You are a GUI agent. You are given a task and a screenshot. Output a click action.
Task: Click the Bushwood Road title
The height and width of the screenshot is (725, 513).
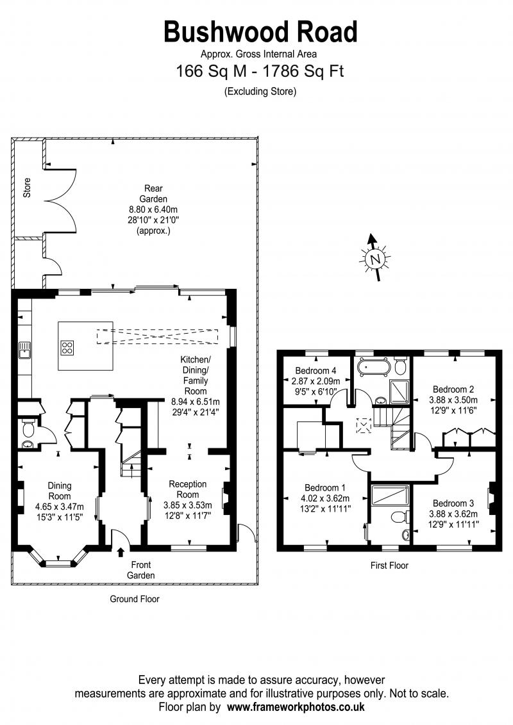click(x=260, y=33)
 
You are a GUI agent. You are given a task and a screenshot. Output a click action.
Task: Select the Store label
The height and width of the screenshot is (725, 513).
click(x=27, y=188)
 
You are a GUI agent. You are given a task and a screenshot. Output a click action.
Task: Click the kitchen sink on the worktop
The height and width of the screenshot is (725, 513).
click(x=24, y=350)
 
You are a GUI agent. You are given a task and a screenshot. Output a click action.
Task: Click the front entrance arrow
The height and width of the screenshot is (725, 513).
click(x=121, y=552)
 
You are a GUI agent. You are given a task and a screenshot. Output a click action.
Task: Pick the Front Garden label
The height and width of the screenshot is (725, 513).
click(x=140, y=570)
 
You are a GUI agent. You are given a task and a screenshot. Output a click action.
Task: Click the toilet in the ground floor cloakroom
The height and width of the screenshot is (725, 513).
click(x=29, y=430)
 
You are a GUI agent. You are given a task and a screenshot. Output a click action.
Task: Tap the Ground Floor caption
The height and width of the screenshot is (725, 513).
click(x=134, y=599)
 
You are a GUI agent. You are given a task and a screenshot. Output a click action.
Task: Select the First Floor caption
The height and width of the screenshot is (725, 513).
click(x=389, y=565)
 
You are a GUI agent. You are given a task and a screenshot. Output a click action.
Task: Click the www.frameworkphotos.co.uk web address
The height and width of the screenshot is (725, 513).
click(x=296, y=707)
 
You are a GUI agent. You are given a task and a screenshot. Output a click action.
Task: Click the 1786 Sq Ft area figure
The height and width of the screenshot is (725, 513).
click(x=303, y=71)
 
